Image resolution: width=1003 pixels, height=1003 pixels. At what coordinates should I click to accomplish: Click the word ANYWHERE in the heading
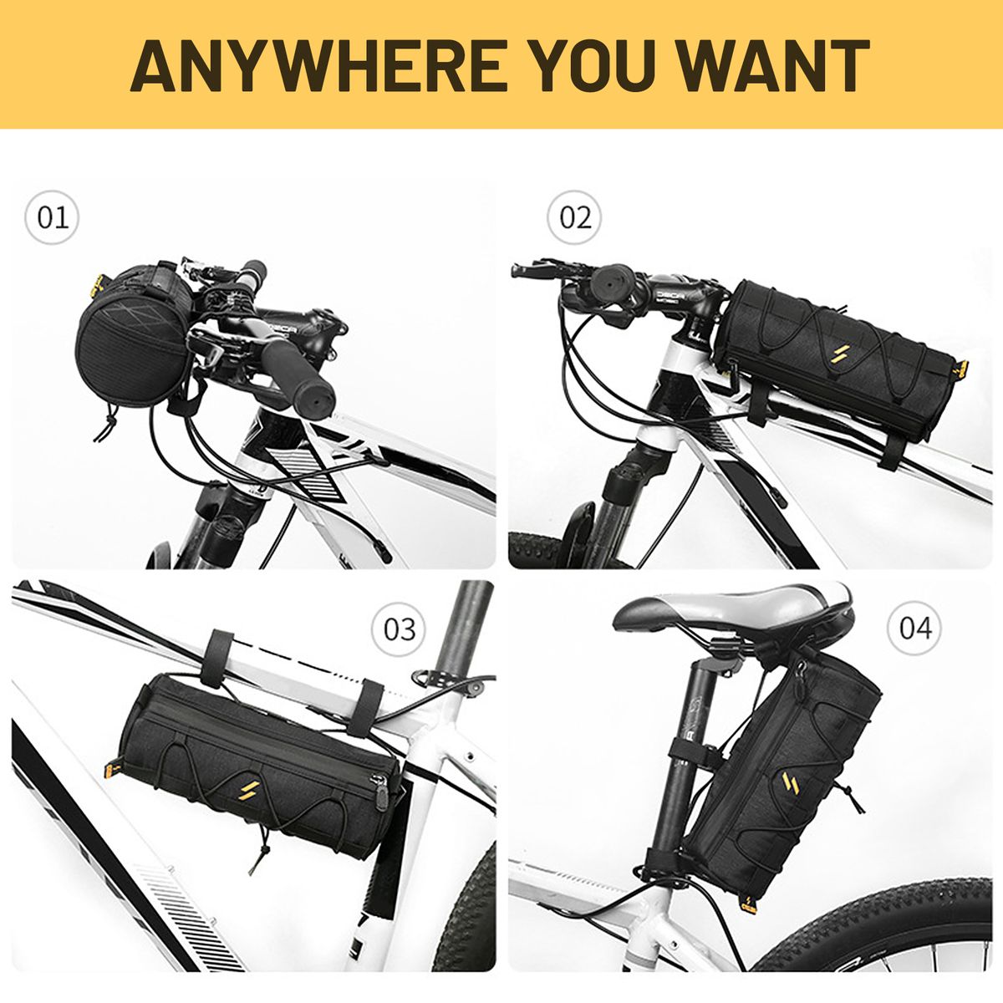[x=318, y=65]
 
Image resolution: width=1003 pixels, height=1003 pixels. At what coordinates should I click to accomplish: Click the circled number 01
[x=52, y=217]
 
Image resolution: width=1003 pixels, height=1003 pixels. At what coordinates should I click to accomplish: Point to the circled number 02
[x=574, y=217]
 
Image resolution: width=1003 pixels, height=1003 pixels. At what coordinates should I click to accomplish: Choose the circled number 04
[x=914, y=628]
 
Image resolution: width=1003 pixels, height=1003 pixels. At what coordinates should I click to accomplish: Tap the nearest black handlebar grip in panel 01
[x=297, y=376]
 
